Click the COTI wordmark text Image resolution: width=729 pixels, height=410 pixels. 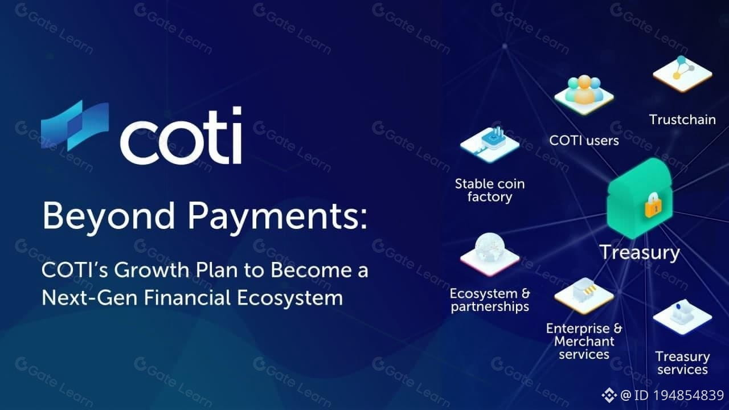(181, 136)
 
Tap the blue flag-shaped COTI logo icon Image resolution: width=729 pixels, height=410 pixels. (75, 126)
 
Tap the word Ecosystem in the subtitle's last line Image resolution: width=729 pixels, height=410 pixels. (290, 298)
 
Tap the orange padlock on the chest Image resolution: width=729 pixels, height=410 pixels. (653, 206)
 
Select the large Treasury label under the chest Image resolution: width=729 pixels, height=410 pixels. (640, 253)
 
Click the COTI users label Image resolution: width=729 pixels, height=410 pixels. (584, 141)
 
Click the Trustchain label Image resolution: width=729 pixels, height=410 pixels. (682, 120)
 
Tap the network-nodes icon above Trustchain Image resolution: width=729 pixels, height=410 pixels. (682, 74)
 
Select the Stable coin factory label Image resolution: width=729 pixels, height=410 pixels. (490, 191)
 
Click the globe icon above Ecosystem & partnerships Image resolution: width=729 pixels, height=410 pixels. (490, 254)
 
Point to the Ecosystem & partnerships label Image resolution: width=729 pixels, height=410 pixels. (490, 300)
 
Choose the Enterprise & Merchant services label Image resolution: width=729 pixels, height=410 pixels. (584, 341)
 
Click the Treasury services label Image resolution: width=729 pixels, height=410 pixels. (682, 363)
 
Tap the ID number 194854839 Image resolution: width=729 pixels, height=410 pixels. (689, 395)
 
